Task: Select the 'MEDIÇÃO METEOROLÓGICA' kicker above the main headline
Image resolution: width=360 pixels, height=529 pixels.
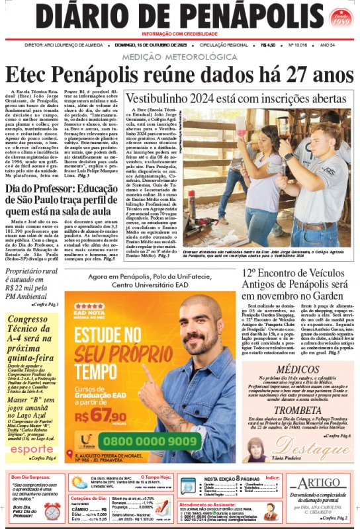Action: point(180,58)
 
